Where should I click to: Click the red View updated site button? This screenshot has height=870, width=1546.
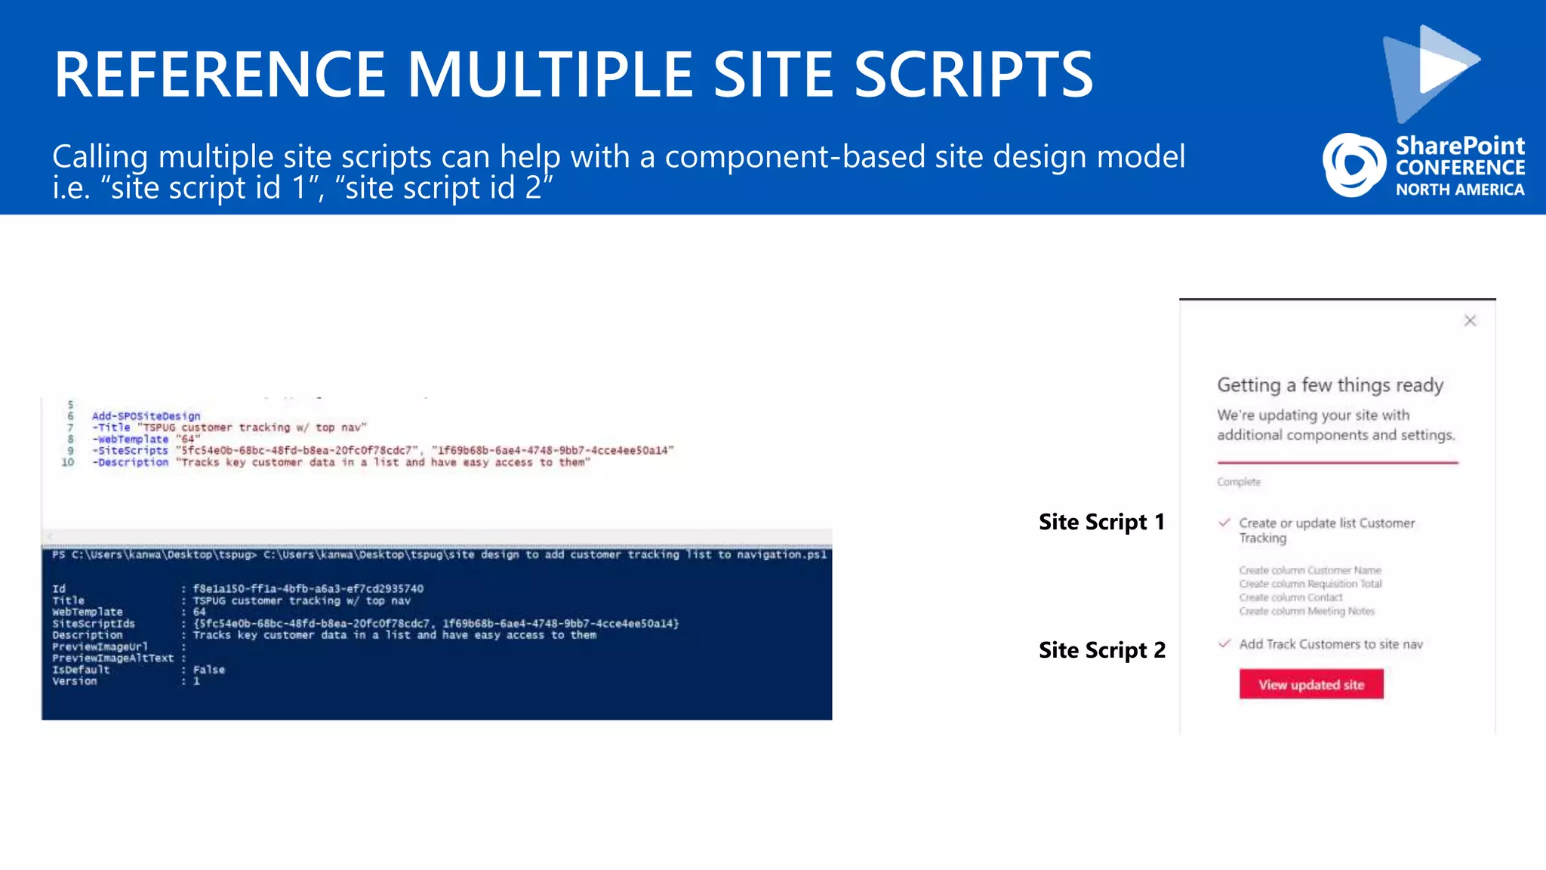1311,684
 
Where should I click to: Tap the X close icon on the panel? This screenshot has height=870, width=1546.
1470,321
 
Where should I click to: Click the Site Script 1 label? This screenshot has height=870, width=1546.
1101,522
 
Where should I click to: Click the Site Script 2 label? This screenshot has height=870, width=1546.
1101,650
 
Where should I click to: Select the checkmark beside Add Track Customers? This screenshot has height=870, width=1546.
1224,643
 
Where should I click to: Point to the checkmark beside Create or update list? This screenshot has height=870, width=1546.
1224,522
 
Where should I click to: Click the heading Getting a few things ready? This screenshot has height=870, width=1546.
1330,385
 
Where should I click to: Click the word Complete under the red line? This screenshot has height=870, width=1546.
1239,482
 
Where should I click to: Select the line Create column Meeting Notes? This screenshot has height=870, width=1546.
1307,611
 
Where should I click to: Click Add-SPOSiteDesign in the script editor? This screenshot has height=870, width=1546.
146,416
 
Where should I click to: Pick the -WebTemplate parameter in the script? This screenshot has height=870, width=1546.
131,439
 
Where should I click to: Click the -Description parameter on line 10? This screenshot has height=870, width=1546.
131,462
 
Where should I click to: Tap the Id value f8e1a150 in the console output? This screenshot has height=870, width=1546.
308,588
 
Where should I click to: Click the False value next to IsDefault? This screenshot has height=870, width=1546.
209,670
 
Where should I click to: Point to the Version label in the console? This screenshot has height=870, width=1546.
75,681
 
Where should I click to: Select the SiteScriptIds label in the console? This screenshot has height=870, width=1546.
94,624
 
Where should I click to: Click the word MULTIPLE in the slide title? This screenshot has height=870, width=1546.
549,75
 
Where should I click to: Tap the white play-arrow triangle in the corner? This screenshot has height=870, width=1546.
1442,64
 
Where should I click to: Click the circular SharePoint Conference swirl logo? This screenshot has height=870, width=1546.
1354,165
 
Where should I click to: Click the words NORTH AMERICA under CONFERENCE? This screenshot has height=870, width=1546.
1459,190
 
